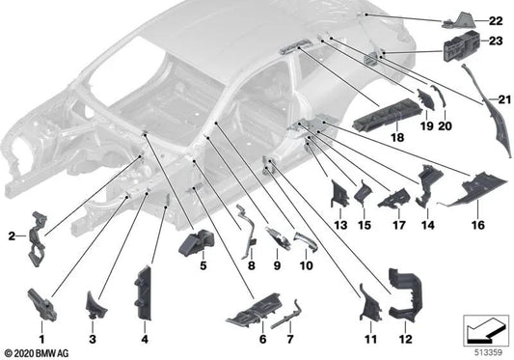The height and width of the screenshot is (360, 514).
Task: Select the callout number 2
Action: pos(12,235)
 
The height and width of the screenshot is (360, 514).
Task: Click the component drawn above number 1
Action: pos(42,295)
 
